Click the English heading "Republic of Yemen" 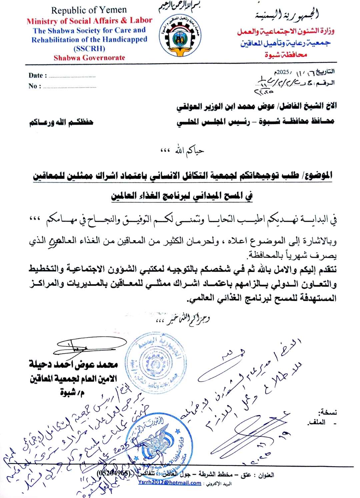point(89,10)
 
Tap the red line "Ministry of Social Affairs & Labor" point(89,21)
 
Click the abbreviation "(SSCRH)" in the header point(89,49)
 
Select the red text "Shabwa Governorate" point(89,58)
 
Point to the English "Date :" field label point(38,76)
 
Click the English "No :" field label point(35,86)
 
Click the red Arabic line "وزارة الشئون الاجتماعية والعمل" point(286,32)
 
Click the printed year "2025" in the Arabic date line point(284,72)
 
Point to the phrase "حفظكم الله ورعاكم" point(61,122)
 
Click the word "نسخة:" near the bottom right point(328,412)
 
